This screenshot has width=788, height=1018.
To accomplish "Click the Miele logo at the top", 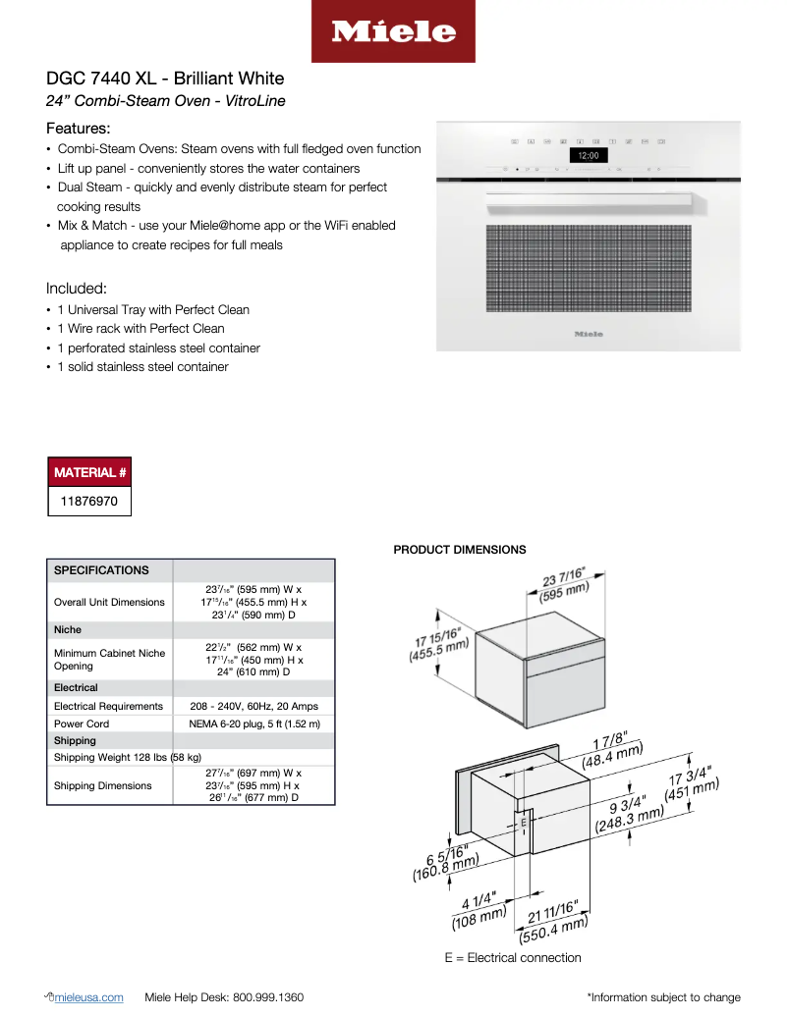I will pos(393,31).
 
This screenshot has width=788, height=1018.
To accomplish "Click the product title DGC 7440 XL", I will pos(165,79).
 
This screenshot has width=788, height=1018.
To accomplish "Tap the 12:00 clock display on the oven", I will pos(588,155).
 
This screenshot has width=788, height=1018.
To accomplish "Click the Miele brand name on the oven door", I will pos(588,334).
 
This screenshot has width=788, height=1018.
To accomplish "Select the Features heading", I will pos(78,129).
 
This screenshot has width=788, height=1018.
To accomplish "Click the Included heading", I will pos(76,289).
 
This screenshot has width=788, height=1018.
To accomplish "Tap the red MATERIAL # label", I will pos(89,472).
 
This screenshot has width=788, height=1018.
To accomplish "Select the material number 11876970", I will pos(89,501).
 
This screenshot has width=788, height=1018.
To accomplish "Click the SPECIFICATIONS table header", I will pos(101,570).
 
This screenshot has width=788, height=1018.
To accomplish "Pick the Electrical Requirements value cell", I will pos(253,706).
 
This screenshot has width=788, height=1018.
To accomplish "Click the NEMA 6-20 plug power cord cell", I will pos(253,723).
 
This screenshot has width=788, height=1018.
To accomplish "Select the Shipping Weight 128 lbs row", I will pos(128,757).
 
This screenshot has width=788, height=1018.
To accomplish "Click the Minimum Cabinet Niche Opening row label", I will pos(109,659).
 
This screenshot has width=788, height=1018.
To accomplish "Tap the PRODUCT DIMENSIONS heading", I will pos(459,550).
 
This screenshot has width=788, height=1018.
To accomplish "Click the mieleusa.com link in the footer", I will pos(90,997).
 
